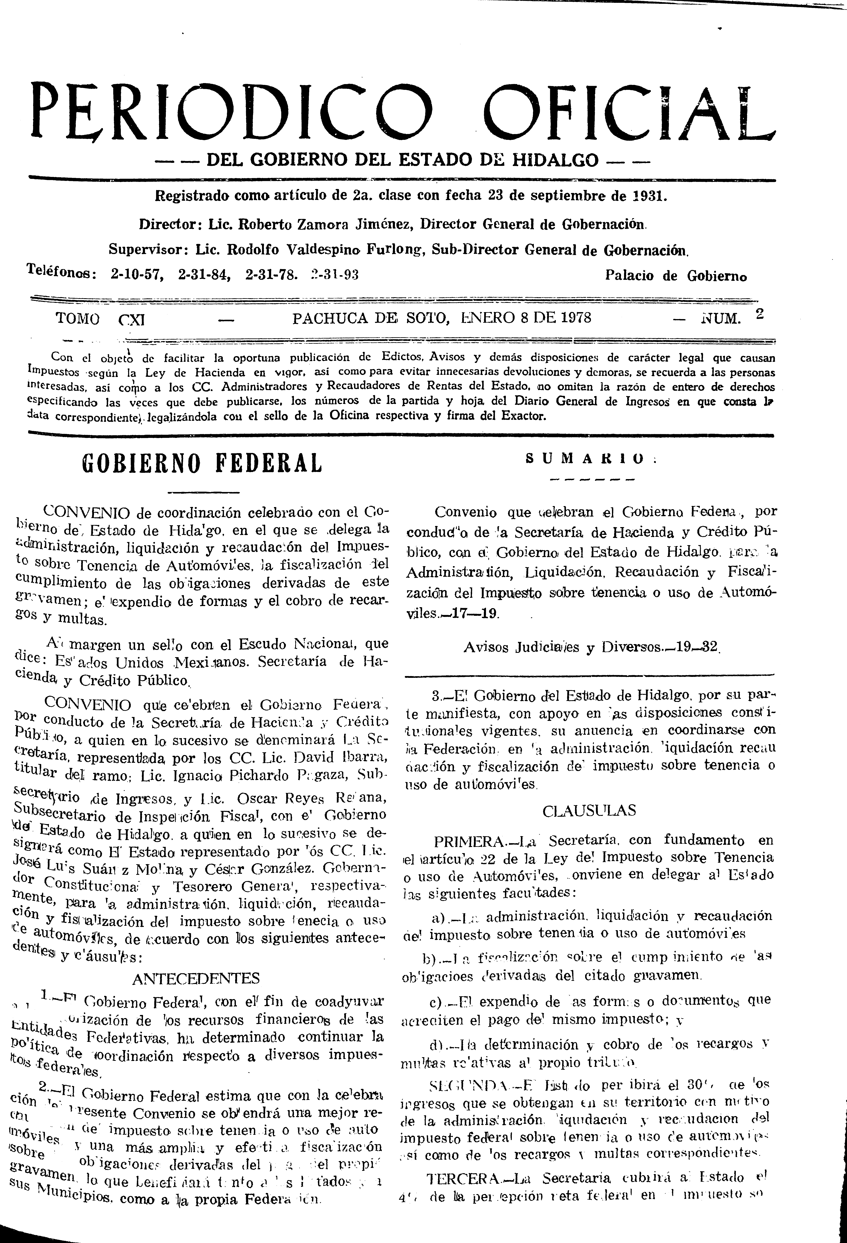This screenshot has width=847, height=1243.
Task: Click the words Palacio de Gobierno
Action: pyautogui.click(x=676, y=276)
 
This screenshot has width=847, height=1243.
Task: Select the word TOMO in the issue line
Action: pyautogui.click(x=78, y=319)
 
